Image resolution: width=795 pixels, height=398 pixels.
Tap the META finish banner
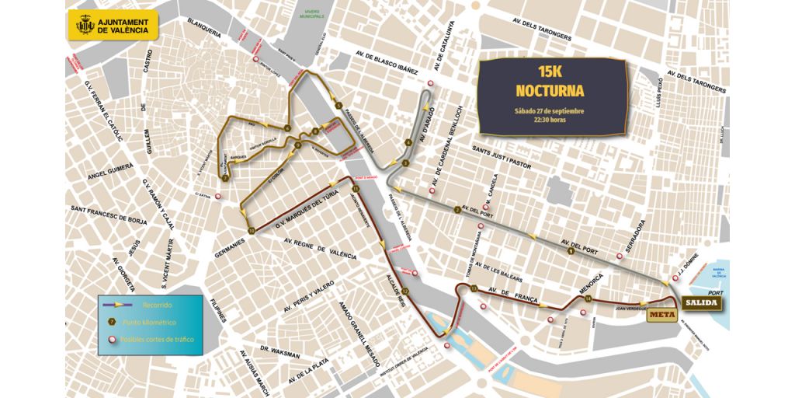(x=659, y=314)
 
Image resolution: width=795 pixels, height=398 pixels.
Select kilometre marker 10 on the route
(x=252, y=230)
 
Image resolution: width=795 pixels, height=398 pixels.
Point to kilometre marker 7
(x=224, y=178)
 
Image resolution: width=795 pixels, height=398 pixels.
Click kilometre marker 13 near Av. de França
(x=474, y=289)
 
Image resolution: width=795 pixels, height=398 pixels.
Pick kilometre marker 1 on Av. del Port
(x=571, y=250)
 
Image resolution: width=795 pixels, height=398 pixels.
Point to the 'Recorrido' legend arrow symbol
(x=123, y=305)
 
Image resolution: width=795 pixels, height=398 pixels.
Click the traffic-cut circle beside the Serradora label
(x=619, y=255)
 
